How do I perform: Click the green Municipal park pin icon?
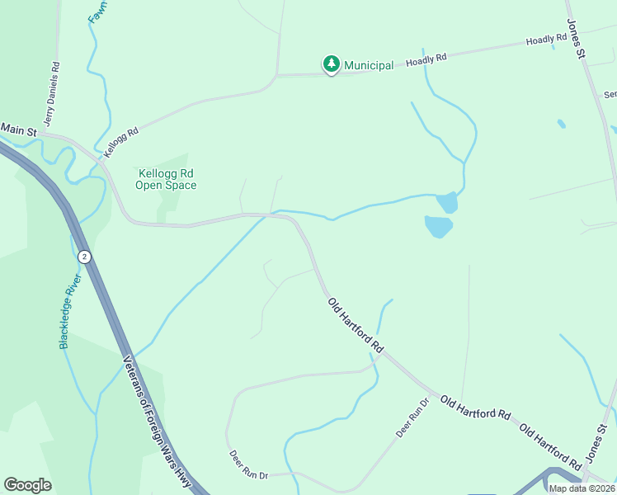[331, 64]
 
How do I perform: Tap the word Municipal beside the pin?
[369, 65]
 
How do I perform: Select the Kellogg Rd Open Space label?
[166, 179]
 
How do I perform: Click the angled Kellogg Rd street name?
[120, 142]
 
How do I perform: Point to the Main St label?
[19, 130]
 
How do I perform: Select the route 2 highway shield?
[83, 257]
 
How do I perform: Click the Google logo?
[27, 485]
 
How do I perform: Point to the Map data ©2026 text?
[582, 488]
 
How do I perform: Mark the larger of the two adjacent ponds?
[438, 226]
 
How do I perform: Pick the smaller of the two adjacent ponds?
[447, 202]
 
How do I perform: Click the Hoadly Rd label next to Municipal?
[426, 59]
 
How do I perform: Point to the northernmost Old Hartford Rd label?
[356, 326]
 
